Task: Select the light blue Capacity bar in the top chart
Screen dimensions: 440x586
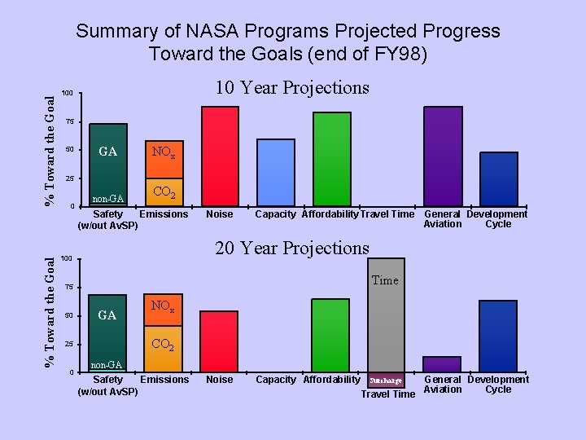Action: [x=276, y=172]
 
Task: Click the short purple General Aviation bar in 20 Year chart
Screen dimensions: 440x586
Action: [x=441, y=364]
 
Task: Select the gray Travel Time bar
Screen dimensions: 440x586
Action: [x=385, y=326]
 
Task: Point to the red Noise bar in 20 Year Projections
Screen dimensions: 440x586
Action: [x=219, y=341]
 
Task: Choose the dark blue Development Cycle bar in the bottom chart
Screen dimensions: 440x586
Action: [x=498, y=336]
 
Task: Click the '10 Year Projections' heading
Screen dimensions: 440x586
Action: [x=291, y=88]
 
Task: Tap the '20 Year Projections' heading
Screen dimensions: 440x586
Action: [x=291, y=249]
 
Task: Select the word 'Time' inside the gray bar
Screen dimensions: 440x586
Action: [x=385, y=280]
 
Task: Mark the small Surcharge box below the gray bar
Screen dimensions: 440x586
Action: [x=386, y=381]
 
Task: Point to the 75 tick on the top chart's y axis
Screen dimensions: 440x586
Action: [x=70, y=121]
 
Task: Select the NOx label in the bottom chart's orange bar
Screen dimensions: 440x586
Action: [x=163, y=307]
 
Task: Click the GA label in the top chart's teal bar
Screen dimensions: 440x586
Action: [x=107, y=152]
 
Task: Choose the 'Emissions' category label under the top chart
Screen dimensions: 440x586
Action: [x=164, y=214]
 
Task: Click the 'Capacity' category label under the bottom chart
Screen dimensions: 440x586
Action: [x=276, y=380]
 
